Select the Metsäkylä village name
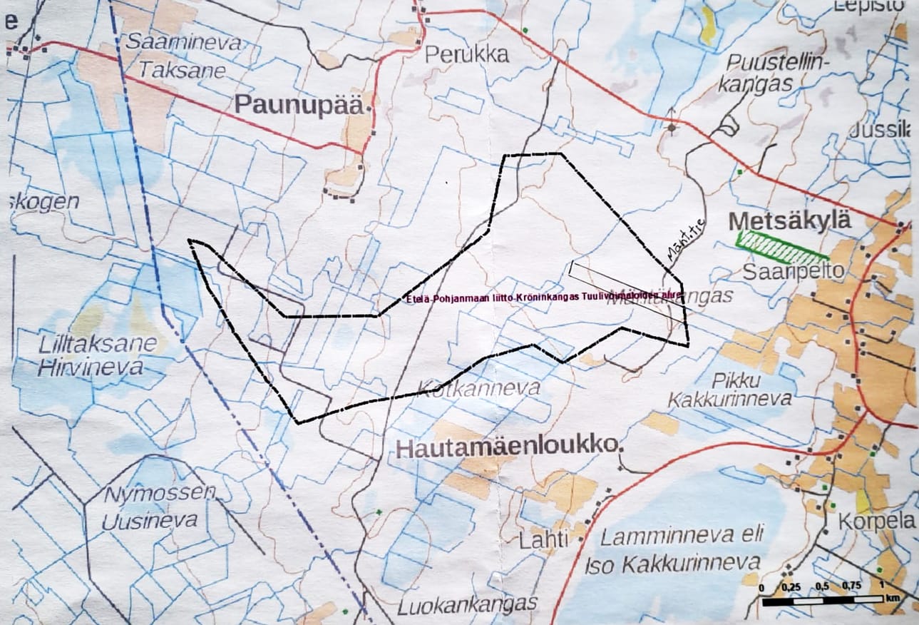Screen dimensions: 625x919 click(790, 221)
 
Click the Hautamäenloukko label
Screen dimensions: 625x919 click(506, 447)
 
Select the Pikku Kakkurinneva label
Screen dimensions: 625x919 click(729, 390)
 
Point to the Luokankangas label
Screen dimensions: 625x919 click(467, 605)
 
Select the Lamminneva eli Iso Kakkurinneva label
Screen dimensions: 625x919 click(673, 549)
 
